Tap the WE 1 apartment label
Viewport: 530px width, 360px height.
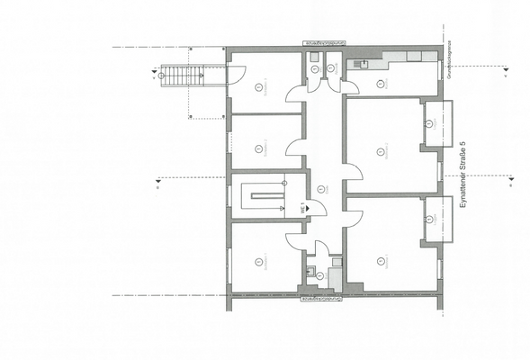[301, 208]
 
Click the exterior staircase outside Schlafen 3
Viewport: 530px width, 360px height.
[180, 76]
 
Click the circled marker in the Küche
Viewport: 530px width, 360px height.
[381, 83]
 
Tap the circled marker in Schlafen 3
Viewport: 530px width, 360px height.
[259, 87]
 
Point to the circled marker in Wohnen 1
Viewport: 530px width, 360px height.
[382, 261]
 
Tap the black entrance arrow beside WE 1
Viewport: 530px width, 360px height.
[310, 208]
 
